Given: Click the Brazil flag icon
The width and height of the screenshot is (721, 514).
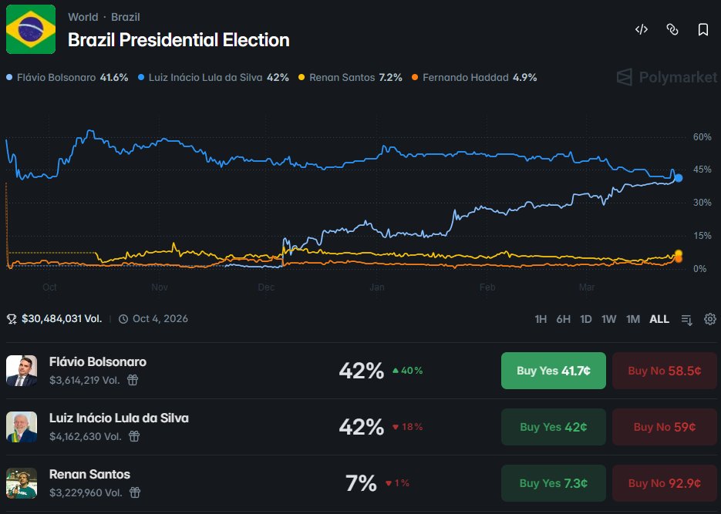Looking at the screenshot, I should [31, 29].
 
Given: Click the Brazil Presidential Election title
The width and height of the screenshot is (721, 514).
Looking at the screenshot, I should [178, 40].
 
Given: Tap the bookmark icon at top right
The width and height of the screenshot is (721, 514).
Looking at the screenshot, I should [702, 30].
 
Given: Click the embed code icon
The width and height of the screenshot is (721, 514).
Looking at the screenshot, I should [641, 30].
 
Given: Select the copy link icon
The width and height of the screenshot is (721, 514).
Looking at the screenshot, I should [672, 30].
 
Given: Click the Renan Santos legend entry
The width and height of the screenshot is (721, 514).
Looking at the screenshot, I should [355, 78].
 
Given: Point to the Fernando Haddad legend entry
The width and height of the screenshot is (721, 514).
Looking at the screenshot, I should [474, 78].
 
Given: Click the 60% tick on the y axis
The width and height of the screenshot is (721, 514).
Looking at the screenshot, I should [701, 137].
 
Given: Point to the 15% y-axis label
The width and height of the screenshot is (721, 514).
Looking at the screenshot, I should [701, 236].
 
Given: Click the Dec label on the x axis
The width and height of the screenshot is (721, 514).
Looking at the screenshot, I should [266, 287].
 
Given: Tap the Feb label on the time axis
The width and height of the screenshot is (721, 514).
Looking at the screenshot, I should [487, 287].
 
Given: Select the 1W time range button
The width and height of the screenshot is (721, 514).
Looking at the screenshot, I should [608, 319].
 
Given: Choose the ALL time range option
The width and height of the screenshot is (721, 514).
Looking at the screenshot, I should [659, 319].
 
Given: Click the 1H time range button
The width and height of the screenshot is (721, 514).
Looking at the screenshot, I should [541, 319].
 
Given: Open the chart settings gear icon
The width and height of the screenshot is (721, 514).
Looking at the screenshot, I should [709, 319].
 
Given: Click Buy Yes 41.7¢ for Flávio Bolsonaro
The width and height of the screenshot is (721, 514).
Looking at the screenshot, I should [553, 371].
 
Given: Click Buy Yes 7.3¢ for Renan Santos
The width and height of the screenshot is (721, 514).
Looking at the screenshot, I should [553, 483].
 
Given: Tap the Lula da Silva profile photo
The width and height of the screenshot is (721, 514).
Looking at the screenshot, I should [22, 427].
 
